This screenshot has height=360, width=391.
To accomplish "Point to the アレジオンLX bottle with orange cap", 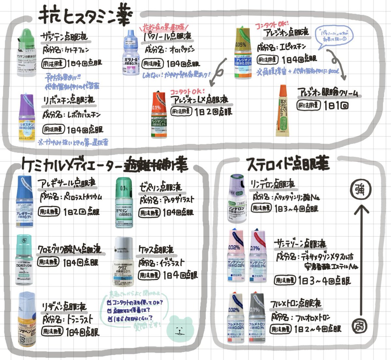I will (x=159, y=114).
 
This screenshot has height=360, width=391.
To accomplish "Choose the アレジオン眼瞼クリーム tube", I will (x=282, y=111).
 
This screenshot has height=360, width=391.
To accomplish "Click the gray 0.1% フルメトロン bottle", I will (x=257, y=318).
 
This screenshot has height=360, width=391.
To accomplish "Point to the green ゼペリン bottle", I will (x=124, y=203).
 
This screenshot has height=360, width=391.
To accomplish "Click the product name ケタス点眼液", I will (x=156, y=250).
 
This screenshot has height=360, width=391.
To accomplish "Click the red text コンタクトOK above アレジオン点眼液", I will (x=270, y=25).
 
